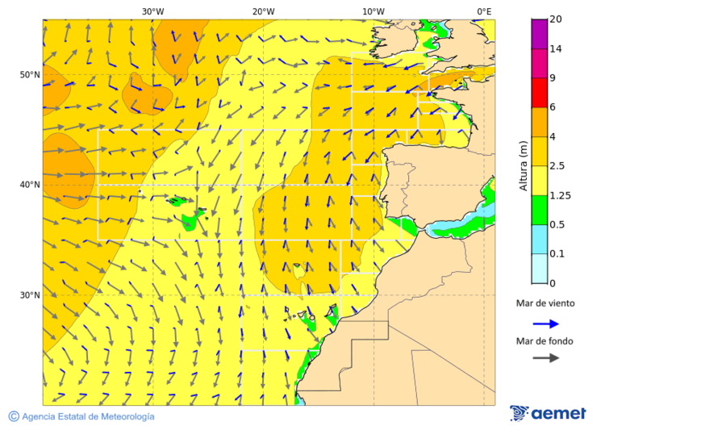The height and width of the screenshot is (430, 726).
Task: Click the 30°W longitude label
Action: [153, 11]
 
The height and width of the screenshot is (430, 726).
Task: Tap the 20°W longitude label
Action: [263, 11]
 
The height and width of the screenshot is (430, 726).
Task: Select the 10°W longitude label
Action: [373, 11]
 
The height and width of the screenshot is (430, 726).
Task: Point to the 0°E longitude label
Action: [484, 11]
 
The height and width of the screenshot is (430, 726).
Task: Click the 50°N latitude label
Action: [30, 75]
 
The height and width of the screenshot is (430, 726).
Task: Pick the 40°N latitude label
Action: [30, 185]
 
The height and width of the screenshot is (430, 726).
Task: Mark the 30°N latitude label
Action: [30, 295]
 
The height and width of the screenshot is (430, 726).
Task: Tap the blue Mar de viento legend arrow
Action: [545, 324]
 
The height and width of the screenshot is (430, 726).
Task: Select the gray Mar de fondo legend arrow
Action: [545, 357]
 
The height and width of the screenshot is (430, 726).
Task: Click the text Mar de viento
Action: [545, 303]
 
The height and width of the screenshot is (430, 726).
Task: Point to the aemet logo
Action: [548, 413]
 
